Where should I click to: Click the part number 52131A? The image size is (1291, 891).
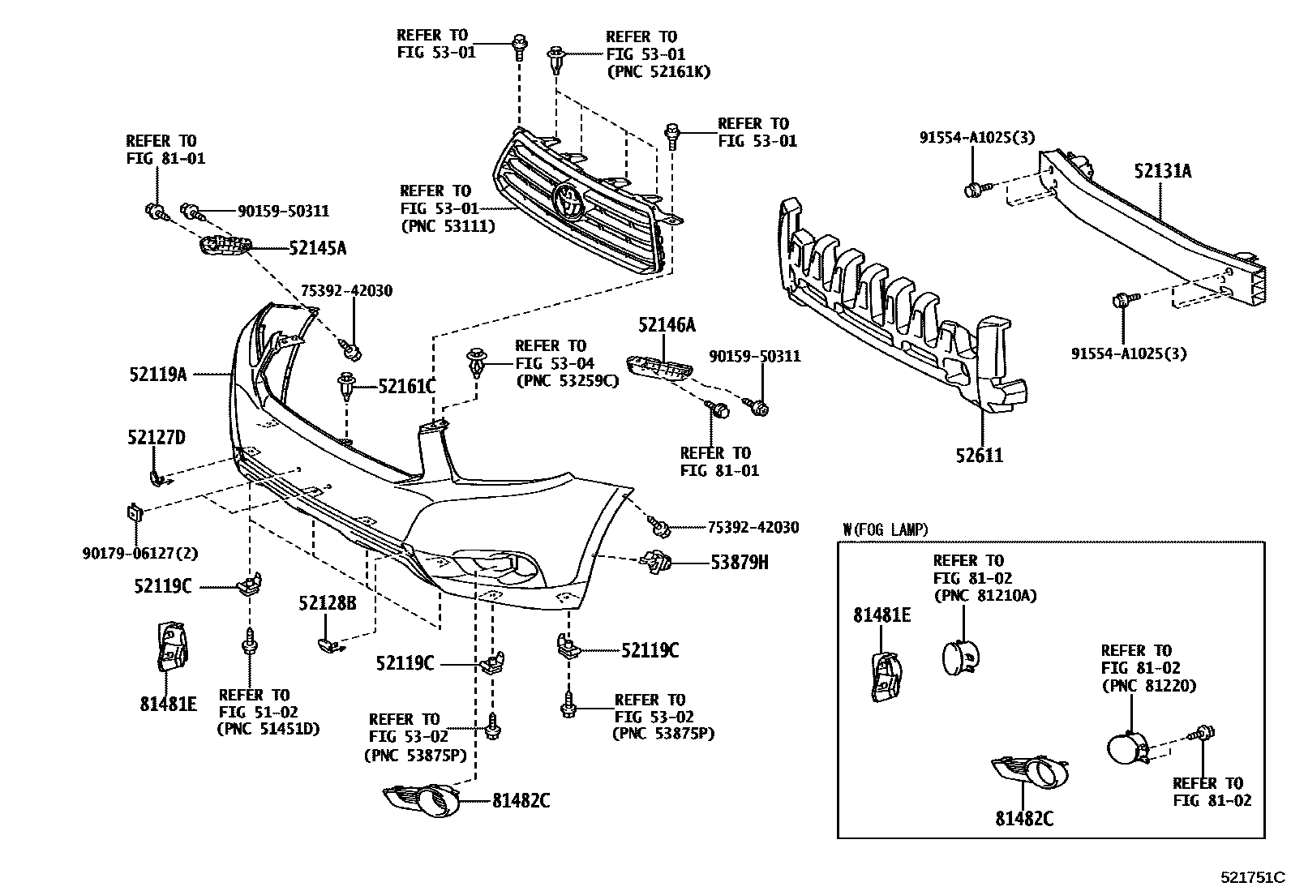coord(1162,171)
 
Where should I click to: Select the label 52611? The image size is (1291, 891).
coord(979,456)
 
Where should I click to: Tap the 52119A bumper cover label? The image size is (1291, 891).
coord(157,375)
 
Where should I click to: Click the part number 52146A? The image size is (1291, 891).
coord(667,326)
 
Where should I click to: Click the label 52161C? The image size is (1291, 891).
coord(407,387)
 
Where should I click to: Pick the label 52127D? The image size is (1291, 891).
coord(156,438)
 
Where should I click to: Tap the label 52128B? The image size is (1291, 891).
coord(327,603)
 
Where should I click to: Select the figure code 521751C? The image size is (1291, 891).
coord(1254,877)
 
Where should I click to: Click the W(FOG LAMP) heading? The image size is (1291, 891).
coord(886,530)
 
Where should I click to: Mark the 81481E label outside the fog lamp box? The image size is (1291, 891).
coord(168,704)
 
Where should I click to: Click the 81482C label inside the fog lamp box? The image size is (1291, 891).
coord(1025,819)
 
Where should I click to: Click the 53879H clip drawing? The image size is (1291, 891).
coord(654,560)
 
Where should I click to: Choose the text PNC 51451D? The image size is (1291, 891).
coord(268,729)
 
